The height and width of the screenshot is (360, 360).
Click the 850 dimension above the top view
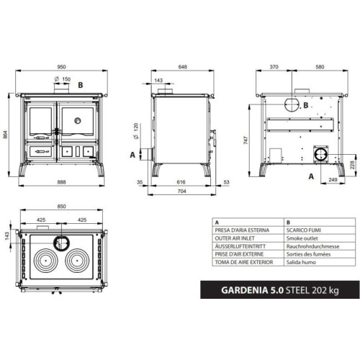pyautogui.click(x=61, y=208)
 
